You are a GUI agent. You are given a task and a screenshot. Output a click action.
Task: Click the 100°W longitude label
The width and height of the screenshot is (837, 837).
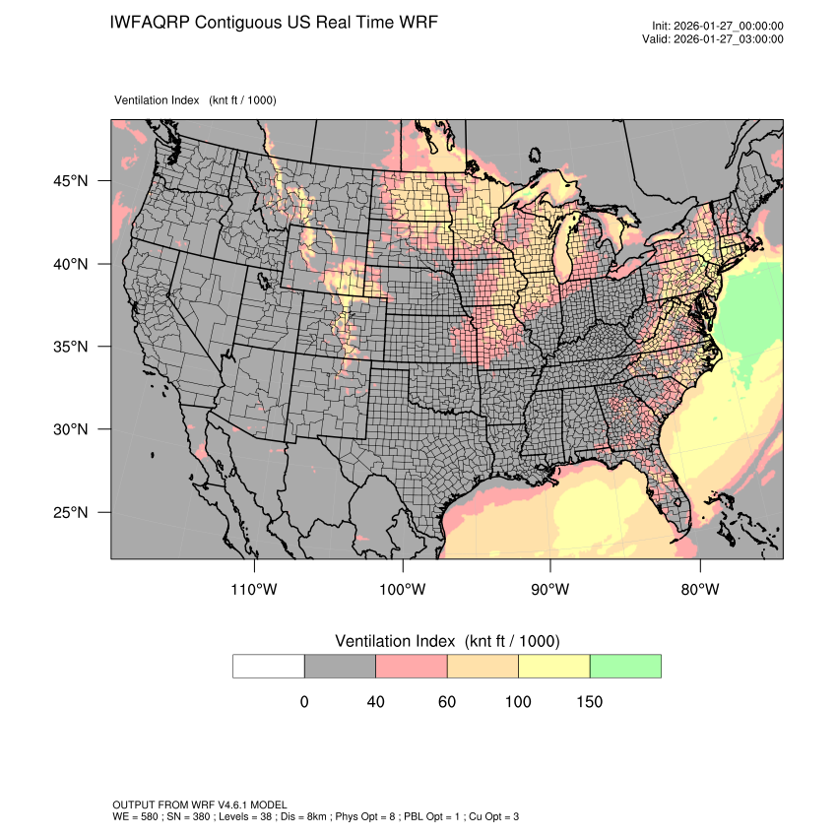point(403,590)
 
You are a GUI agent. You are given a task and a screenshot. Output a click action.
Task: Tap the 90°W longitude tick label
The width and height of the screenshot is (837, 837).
point(550,590)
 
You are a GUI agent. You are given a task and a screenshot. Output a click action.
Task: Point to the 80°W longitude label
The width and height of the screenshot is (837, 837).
point(699,590)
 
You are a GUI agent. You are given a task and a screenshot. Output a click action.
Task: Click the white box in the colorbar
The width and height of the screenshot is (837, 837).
point(269,666)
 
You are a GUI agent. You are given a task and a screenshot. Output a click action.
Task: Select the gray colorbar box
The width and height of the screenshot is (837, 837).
point(340,666)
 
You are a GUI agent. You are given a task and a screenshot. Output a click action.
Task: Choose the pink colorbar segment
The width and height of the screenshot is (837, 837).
point(412,666)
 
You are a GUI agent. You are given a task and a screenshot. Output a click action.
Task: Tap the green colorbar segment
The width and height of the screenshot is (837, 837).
point(625,666)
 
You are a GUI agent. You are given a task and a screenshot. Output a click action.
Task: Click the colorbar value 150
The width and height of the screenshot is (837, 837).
point(589,702)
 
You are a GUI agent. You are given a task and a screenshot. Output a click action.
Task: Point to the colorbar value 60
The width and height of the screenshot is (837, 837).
point(447,702)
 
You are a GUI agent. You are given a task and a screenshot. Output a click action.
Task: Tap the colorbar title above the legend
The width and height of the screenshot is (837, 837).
point(447,641)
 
